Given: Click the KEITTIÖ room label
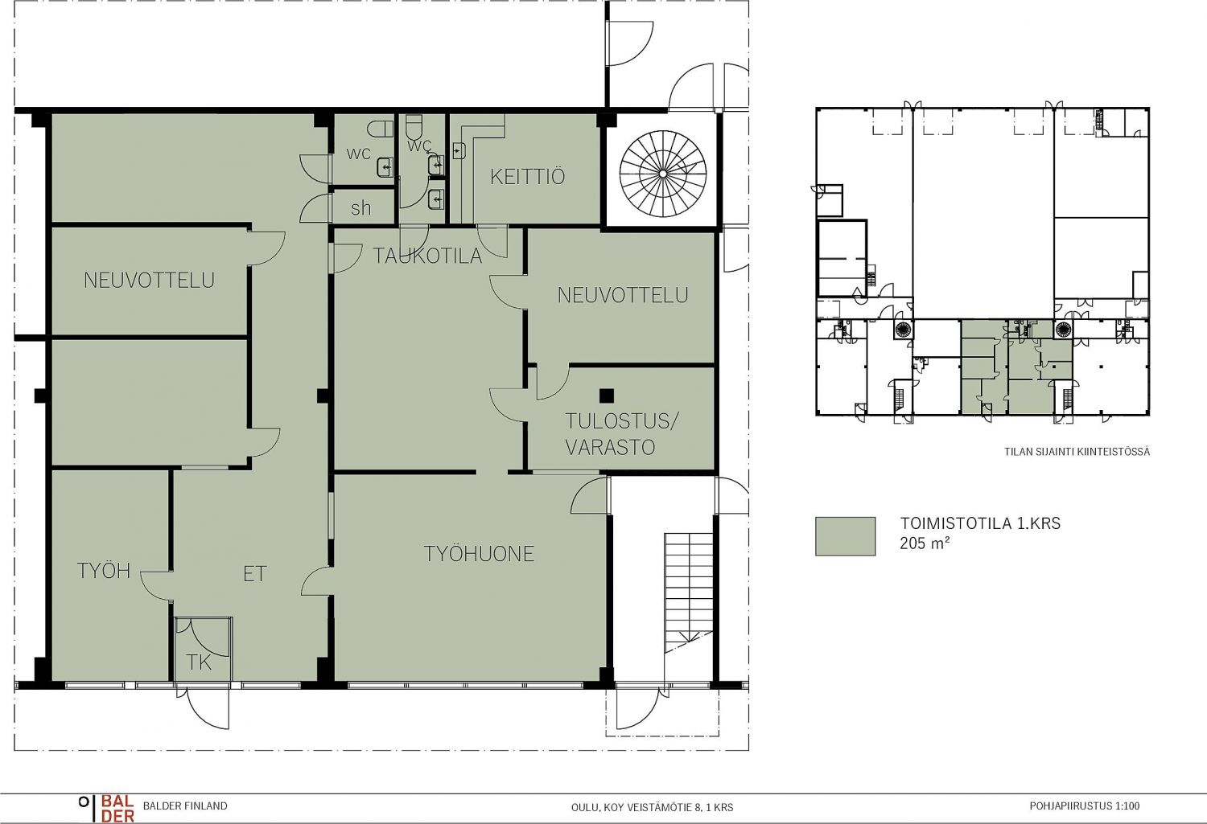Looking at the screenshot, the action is [x=527, y=177].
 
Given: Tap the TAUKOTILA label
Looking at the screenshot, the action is [x=427, y=256].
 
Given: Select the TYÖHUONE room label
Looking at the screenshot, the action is [x=479, y=554].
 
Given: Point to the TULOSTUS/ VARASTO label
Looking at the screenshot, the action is [x=620, y=434].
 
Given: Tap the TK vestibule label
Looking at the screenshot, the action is [x=199, y=662].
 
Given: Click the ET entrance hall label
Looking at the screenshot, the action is [x=254, y=574].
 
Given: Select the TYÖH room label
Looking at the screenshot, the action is [x=104, y=571].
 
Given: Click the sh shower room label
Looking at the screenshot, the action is [x=360, y=207].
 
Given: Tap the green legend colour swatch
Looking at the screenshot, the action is [x=845, y=536].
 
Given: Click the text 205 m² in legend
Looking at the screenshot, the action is [x=925, y=543].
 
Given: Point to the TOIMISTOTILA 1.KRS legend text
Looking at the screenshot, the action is [x=980, y=523].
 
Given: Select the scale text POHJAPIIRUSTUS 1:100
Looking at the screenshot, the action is [x=1085, y=806].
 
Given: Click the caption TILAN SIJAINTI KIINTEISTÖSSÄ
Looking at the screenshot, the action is [x=1077, y=452].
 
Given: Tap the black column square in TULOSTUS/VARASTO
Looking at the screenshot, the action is [x=606, y=396].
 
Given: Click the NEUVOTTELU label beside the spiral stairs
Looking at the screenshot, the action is [x=623, y=295].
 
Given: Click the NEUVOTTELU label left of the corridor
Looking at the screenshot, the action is [x=149, y=280].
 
